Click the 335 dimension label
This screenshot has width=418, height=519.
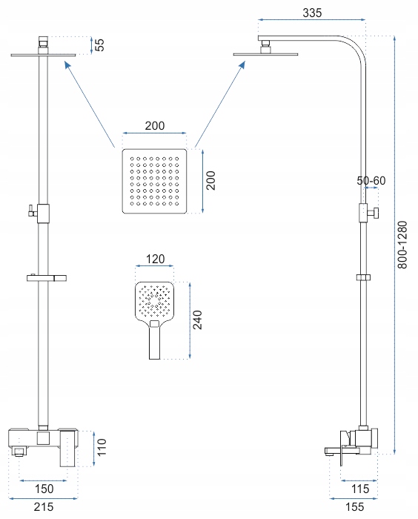312,13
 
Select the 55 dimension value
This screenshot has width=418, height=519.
99,45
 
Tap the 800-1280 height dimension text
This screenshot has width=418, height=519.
402,245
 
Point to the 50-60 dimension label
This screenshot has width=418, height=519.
371,181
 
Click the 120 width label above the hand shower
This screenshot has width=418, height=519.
155,259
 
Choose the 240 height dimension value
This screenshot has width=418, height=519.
198,320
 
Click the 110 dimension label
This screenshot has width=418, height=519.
102,447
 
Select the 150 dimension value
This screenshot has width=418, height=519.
44,489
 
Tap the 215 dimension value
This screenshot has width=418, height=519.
44,506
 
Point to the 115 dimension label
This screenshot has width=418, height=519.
359,489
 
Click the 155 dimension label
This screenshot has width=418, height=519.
354,506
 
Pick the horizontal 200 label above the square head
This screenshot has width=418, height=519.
155,126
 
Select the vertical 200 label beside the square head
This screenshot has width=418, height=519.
210,180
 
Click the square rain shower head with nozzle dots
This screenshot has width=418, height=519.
154,181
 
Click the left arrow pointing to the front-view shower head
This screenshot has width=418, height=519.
90,105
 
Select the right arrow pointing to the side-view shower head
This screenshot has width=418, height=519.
220,104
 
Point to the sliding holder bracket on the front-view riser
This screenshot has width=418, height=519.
47,278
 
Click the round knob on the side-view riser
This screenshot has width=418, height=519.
375,213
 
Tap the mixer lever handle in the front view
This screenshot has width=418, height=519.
68,448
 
